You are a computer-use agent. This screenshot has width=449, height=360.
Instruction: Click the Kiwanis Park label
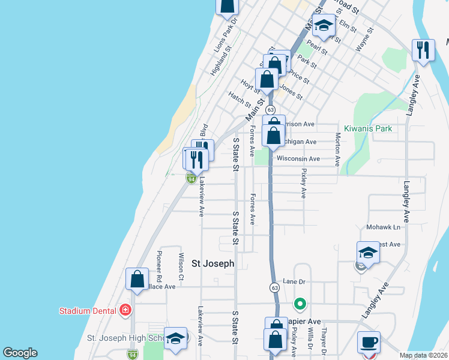368,128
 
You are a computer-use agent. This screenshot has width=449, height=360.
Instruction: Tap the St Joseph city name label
212,263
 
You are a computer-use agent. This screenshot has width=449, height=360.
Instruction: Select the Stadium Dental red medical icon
125,310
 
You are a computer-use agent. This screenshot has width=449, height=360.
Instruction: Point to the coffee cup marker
368,343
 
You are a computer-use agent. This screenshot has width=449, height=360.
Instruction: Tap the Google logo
20,353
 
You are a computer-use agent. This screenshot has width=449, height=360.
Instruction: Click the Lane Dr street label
294,281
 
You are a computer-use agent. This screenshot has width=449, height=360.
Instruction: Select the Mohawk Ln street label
383,227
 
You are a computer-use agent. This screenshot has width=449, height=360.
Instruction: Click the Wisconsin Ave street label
298,159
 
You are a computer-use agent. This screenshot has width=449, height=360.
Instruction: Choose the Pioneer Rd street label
159,266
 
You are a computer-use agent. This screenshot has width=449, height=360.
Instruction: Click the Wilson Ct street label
181,266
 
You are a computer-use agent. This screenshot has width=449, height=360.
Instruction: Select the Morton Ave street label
338,149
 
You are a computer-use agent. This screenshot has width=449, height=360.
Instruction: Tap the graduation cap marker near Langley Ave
367,253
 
